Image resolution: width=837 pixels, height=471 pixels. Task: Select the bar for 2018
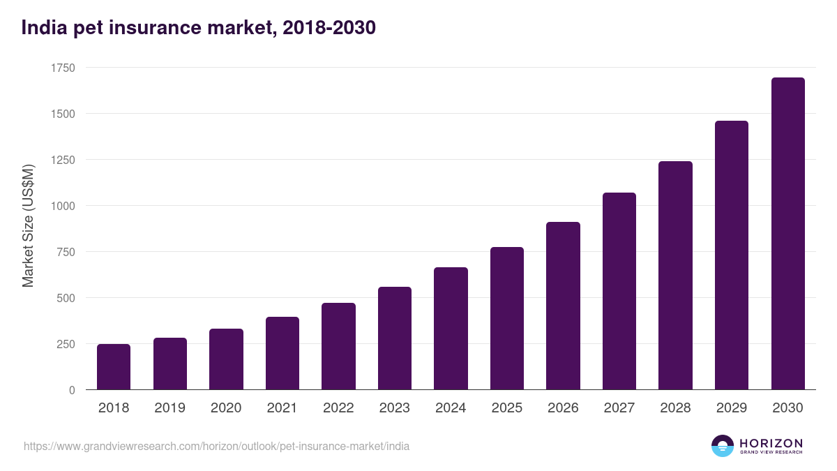click(114, 367)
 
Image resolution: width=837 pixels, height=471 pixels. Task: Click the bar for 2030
click(787, 234)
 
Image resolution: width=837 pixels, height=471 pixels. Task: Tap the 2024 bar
click(451, 329)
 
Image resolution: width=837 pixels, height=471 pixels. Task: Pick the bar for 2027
click(619, 291)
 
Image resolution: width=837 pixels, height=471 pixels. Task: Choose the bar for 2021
click(282, 353)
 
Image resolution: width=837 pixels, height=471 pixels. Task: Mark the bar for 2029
click(731, 255)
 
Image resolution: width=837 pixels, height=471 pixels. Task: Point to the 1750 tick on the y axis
click(63, 68)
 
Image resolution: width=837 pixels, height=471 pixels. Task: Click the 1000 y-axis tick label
click(63, 206)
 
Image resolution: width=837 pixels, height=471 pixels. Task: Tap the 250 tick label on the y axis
click(66, 344)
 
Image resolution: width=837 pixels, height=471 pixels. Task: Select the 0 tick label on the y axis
click(72, 390)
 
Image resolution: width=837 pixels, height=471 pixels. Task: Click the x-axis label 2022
click(338, 408)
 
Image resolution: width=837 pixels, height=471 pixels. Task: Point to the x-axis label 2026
click(563, 408)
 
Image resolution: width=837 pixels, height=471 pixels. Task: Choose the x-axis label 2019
click(169, 408)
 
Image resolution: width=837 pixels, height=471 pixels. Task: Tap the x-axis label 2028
click(675, 408)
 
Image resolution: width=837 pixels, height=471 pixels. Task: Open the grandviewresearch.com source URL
click(216, 446)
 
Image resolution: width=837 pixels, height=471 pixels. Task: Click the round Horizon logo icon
click(723, 446)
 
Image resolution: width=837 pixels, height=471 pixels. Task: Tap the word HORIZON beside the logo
click(771, 443)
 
